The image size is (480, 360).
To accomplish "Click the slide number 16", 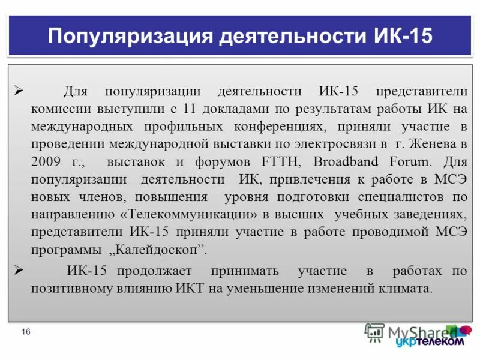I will (26, 332).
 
